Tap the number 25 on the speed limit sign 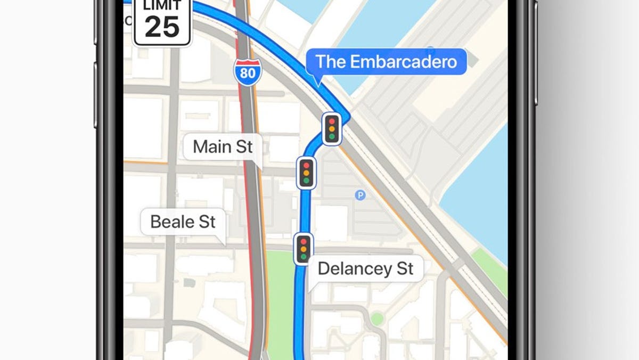pos(162,27)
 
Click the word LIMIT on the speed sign pos(162,6)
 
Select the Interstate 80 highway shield pos(248,71)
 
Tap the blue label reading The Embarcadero pos(386,62)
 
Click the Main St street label pos(223,147)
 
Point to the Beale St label pos(183,222)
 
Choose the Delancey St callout pos(365,268)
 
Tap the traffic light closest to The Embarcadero pos(332,128)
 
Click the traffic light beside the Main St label pos(306,173)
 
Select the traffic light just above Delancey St pos(304,248)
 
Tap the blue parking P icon pos(361,195)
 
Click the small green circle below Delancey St pos(377,318)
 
